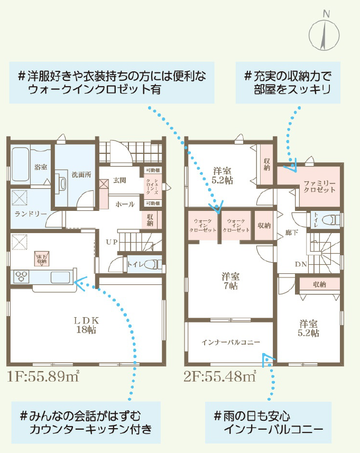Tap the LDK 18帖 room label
pos(86,325)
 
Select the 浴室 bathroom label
pos(41,167)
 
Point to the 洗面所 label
pos(81,174)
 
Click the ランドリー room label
pos(31,214)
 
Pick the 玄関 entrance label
pos(119,180)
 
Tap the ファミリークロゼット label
pos(319,187)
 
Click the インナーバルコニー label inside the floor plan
pos(230,343)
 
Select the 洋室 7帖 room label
pos(230,281)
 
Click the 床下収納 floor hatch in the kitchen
pos(42,258)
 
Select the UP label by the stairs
pos(112,242)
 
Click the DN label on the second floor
pos(301,264)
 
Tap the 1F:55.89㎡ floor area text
pos(43,376)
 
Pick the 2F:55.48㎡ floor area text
pos(220,376)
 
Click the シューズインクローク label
pos(152,187)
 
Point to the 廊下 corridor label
pos(291,232)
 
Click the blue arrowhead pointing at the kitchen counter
pos(80,283)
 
